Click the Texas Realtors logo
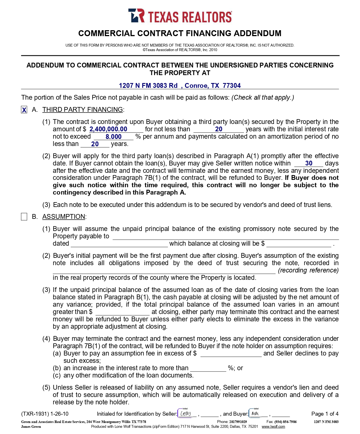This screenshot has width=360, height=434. coord(180,16)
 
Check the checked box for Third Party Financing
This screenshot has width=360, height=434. coord(24,110)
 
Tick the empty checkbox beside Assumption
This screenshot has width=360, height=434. coord(24,217)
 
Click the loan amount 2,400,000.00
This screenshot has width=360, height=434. coord(108,129)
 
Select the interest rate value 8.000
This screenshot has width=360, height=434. coord(114,137)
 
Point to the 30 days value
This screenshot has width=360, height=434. coord(309,163)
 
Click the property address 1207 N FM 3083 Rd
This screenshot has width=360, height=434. coord(148,86)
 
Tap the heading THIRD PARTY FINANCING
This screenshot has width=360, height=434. coord(82,110)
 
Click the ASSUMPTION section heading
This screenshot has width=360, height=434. coord(64,217)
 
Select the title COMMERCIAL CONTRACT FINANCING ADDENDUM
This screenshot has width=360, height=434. coord(180,34)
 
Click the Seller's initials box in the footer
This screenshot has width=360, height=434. coord(186,414)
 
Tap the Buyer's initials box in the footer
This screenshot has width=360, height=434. coord(256,414)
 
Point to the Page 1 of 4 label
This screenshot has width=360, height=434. coord(325,414)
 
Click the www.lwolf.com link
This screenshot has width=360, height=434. coord(273,427)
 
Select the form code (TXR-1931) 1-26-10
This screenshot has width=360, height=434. coord(45,414)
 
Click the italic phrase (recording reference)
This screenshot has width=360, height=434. coord(308,271)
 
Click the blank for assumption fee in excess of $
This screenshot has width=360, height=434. coord(231,354)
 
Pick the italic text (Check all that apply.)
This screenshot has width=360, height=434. coord(263,98)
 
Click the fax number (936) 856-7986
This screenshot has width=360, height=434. coord(285,422)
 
